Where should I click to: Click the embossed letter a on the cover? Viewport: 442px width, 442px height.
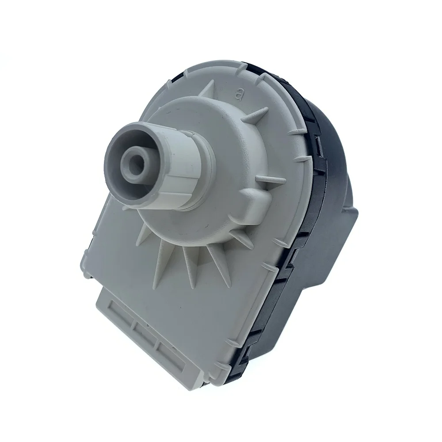[x=240, y=94]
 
